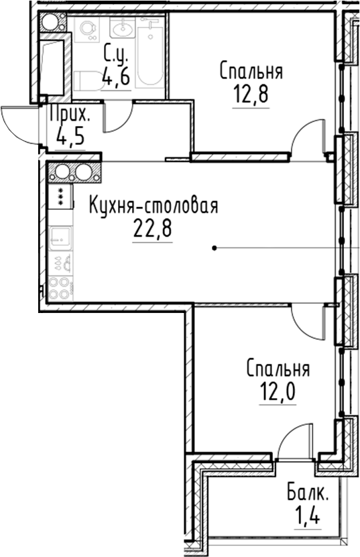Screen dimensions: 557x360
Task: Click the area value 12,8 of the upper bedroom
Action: (x=251, y=93)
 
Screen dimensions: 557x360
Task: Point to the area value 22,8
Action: (x=153, y=229)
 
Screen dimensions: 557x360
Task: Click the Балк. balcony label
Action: (x=308, y=495)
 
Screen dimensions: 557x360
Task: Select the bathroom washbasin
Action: (x=123, y=29)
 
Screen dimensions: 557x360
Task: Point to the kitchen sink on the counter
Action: (x=61, y=239)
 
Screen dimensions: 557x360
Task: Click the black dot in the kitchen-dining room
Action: (x=214, y=249)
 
